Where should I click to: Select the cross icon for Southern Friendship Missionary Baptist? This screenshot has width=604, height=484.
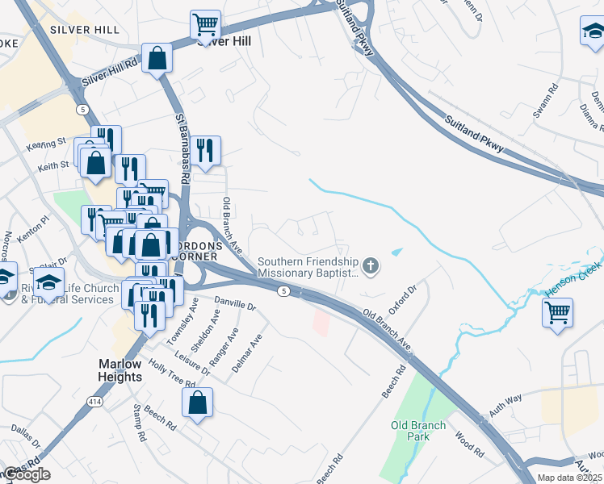pos(371,265)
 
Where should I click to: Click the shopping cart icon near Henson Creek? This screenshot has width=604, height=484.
pos(558,311)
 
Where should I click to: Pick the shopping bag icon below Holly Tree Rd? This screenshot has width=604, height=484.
pos(198,403)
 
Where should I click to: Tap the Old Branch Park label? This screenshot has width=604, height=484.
pos(417,431)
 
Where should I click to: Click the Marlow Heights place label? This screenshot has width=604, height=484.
pos(120,370)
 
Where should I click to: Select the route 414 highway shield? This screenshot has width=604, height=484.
pos(95,401)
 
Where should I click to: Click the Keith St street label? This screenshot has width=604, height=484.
pos(51,168)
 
